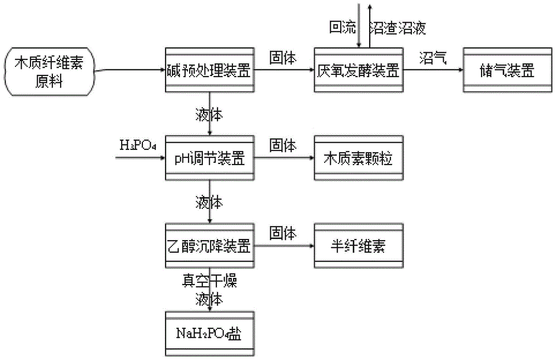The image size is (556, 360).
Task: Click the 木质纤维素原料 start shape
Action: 49,72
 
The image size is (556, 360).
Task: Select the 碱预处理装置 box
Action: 210,70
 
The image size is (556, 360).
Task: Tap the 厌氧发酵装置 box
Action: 359,70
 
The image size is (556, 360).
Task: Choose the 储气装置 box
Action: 508,70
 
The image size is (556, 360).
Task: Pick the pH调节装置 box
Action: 210,158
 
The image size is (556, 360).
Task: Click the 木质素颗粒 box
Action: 359,158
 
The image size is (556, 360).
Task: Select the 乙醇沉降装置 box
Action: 210,246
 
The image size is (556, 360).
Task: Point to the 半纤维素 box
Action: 359,246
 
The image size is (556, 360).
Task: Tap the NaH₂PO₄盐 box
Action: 210,333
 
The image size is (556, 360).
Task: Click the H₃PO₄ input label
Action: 138,145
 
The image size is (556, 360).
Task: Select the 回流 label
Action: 342,27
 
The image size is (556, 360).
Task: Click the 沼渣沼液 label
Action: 398,28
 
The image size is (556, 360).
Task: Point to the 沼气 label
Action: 433,58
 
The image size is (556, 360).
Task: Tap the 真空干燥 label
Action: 210,281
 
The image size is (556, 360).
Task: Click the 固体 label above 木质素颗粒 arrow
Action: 282,145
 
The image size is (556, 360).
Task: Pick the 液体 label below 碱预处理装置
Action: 209,115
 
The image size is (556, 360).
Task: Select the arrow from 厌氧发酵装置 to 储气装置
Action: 433,70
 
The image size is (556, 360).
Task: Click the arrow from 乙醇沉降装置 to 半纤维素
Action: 284,246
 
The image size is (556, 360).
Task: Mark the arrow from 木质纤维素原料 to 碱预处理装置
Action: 130,70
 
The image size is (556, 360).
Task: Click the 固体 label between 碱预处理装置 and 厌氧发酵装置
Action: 282,58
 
